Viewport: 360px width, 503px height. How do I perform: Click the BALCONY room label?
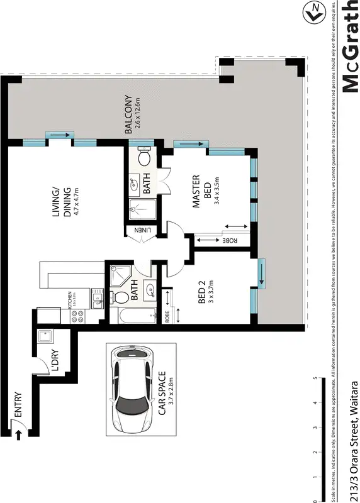128,114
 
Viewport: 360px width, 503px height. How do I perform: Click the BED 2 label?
202,292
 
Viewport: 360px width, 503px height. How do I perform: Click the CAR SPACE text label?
162,394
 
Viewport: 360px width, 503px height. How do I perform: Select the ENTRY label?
17,406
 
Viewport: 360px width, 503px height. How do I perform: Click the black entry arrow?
18,433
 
